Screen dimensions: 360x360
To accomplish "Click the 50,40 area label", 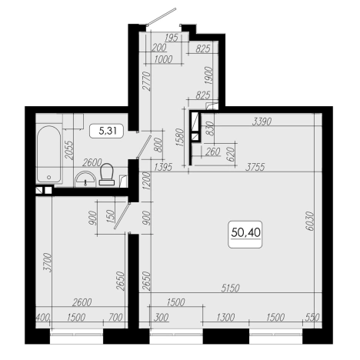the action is click(x=245, y=232).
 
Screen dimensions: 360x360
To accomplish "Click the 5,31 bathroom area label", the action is click(x=108, y=131).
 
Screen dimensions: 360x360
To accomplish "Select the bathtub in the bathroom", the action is click(x=49, y=154).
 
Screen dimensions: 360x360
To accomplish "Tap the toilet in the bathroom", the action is click(x=106, y=175).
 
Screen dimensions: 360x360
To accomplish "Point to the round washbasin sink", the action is click(x=85, y=179).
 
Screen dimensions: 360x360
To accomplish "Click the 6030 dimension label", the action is click(x=310, y=221).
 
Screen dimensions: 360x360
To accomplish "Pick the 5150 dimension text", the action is click(x=230, y=288).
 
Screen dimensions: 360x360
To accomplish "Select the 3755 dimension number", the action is click(x=255, y=167).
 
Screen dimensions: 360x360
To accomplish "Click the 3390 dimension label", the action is click(x=262, y=122).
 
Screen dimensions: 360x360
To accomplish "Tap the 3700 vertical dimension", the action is click(x=48, y=262).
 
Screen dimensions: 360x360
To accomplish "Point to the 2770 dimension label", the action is click(x=146, y=81).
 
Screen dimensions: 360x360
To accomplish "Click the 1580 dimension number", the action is click(x=181, y=137).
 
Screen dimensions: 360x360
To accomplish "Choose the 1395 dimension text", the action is click(x=163, y=167).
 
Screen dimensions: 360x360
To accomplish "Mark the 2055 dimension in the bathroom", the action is click(x=68, y=151).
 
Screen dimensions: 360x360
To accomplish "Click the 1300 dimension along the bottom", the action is click(x=225, y=318).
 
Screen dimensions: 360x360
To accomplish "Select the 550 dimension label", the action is click(x=312, y=318).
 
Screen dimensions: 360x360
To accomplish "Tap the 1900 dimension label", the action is click(x=209, y=75).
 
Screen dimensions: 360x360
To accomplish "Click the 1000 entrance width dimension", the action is click(x=164, y=59).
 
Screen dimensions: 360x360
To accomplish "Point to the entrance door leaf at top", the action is click(x=162, y=17).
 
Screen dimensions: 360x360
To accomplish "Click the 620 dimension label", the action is click(x=231, y=154).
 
